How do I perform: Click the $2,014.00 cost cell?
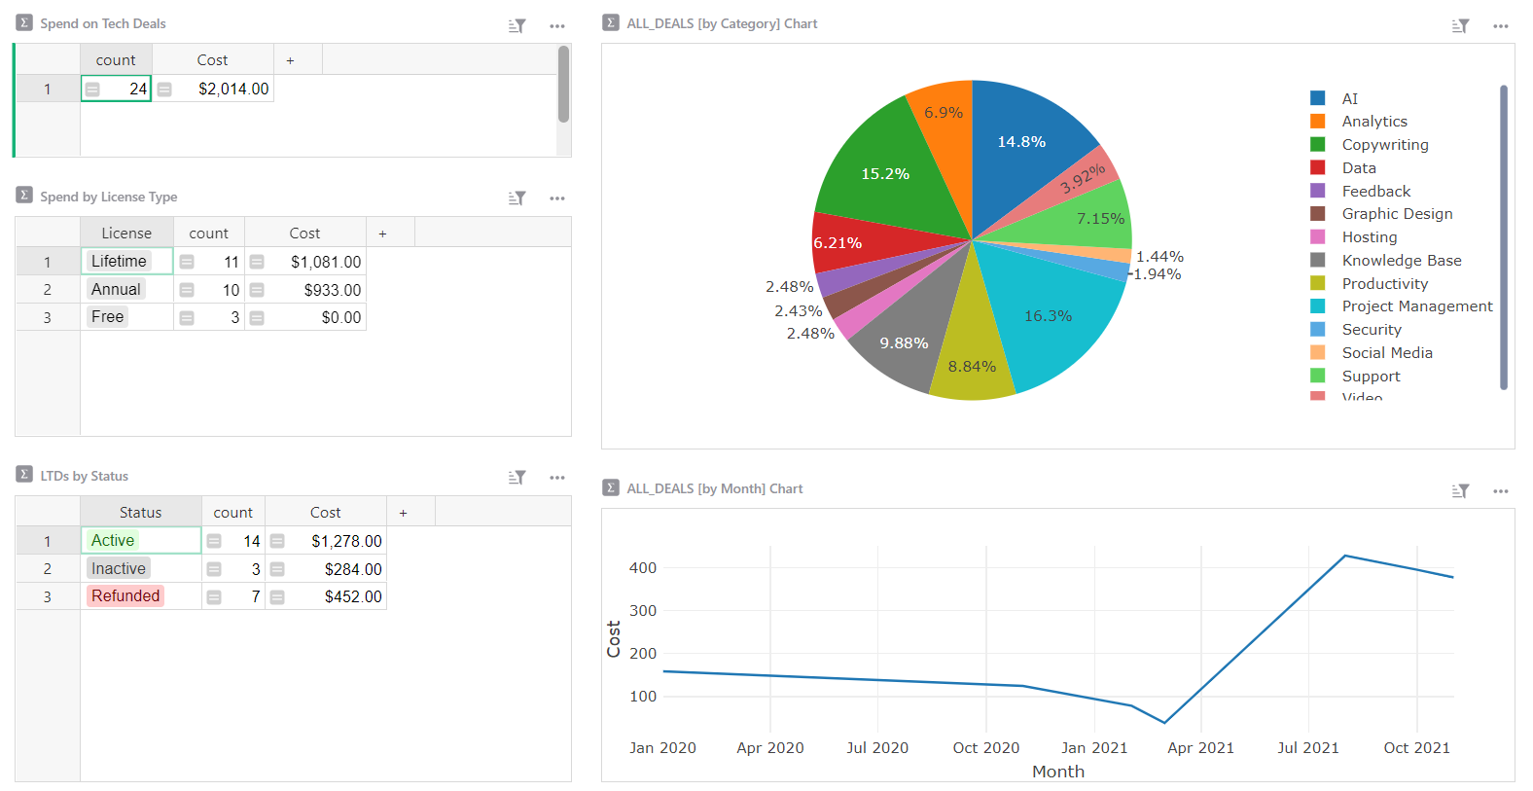click(x=232, y=89)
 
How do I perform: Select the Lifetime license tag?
click(x=119, y=261)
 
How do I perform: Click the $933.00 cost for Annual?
click(x=332, y=290)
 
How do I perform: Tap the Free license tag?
click(x=107, y=317)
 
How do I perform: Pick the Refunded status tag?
click(x=125, y=596)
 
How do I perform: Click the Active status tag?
click(x=113, y=541)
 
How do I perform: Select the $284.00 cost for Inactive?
click(x=352, y=569)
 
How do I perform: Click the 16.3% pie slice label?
click(x=1048, y=316)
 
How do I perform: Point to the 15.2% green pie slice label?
click(x=885, y=174)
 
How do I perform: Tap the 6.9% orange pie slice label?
click(x=944, y=113)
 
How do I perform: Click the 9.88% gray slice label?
click(x=904, y=343)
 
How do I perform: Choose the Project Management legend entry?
click(x=1416, y=306)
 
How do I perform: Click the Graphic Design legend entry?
click(x=1397, y=214)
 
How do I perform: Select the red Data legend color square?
click(x=1318, y=167)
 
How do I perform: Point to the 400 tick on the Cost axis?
click(x=643, y=568)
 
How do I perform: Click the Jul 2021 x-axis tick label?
click(x=1307, y=748)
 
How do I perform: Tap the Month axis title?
click(x=1057, y=772)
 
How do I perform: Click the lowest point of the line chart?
click(x=1164, y=723)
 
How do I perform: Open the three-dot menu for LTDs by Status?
click(x=556, y=478)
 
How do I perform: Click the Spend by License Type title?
click(x=108, y=197)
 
